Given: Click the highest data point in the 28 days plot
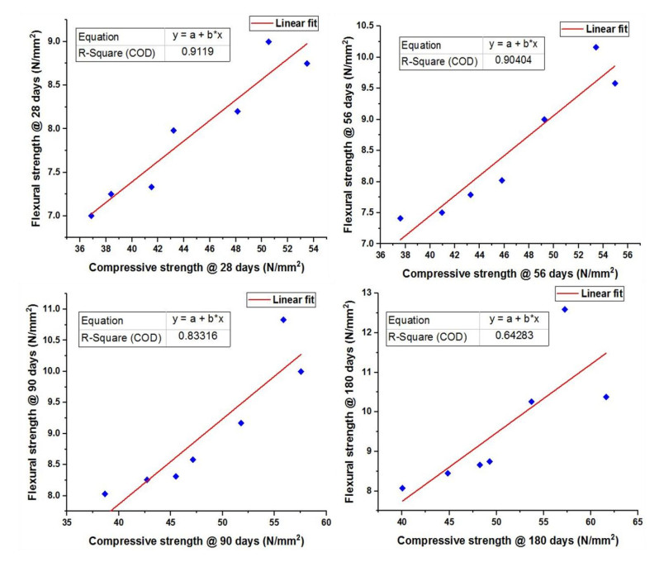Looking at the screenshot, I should [x=268, y=41].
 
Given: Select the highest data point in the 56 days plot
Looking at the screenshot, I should [x=595, y=47].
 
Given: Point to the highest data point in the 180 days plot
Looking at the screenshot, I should [x=565, y=309].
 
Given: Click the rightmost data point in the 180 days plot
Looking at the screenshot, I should [x=606, y=397].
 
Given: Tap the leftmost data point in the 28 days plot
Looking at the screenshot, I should [x=91, y=216].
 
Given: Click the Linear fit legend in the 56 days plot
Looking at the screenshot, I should [x=595, y=29].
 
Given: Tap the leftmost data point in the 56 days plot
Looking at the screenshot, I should [x=401, y=218].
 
